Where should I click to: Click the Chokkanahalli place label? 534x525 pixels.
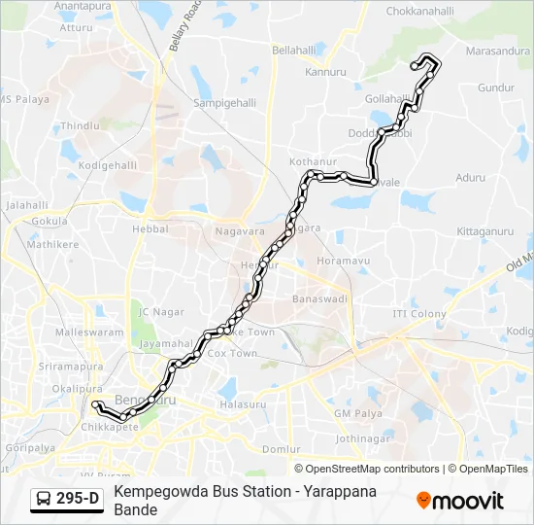tap(420, 11)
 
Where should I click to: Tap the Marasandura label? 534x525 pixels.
tap(499, 51)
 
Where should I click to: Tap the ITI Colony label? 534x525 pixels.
tap(419, 314)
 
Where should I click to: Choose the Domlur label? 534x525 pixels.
tap(281, 449)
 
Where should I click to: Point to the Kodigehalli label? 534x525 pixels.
tap(107, 165)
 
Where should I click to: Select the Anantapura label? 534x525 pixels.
tap(83, 7)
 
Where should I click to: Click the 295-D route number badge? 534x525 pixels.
tap(78, 500)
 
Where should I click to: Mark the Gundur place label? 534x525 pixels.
tap(495, 87)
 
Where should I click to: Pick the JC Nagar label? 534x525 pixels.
tap(160, 312)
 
